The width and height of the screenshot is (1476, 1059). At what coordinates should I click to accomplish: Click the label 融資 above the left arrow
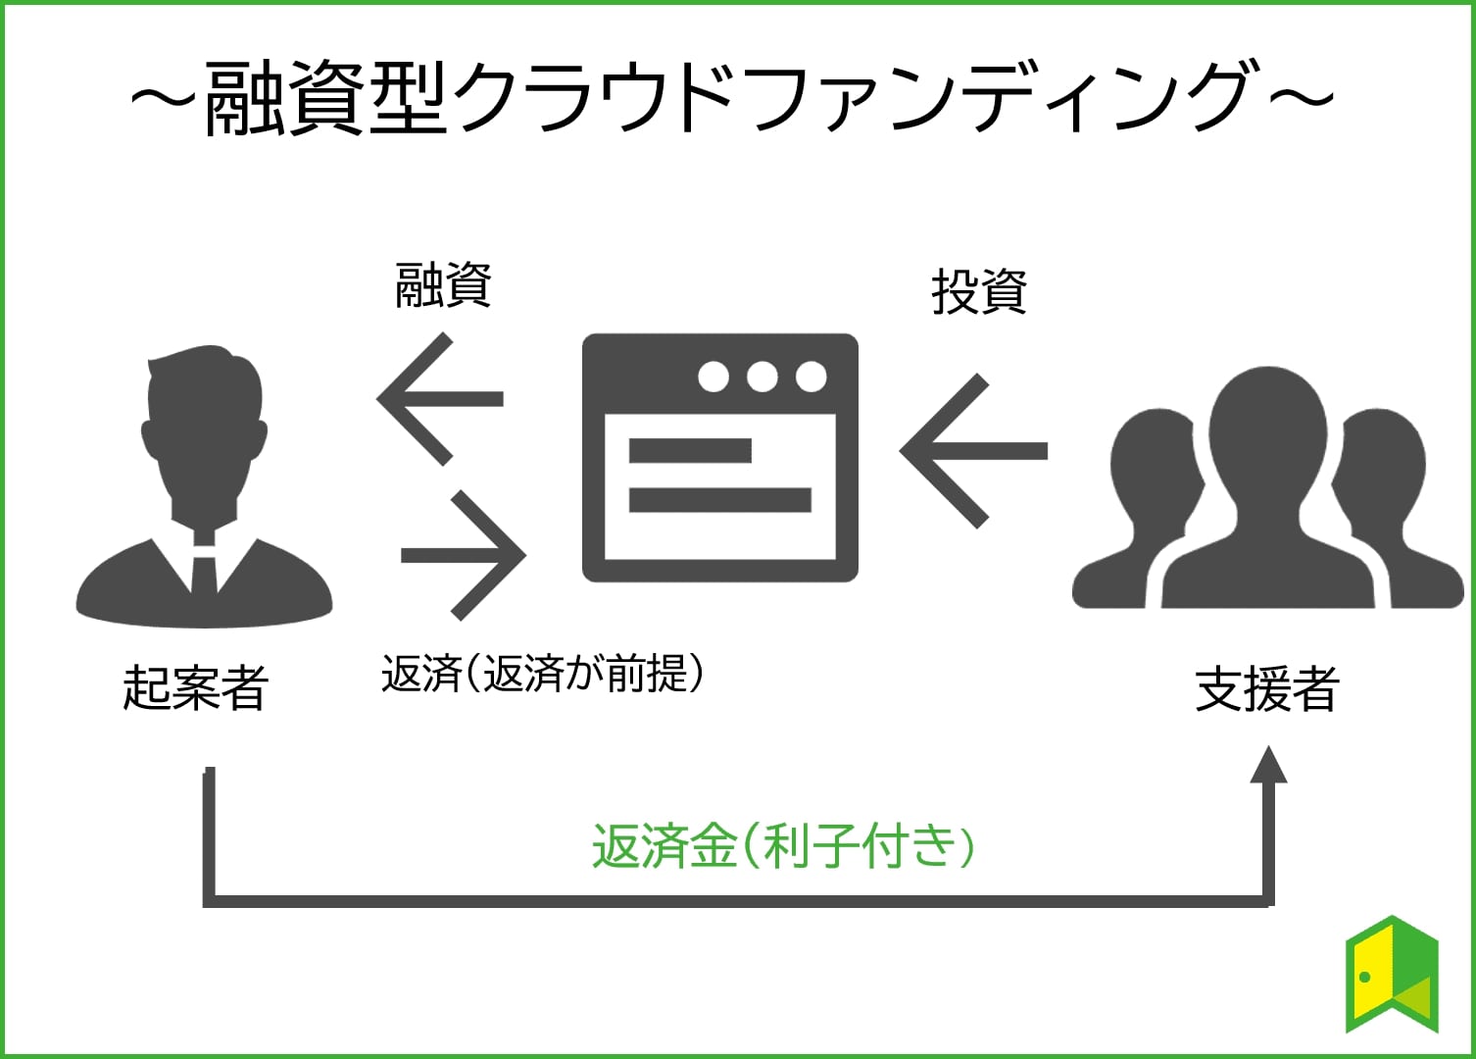pyautogui.click(x=443, y=286)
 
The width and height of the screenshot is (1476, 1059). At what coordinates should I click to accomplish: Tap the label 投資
pyautogui.click(x=979, y=292)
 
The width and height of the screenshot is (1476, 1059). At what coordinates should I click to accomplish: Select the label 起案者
pyautogui.click(x=195, y=687)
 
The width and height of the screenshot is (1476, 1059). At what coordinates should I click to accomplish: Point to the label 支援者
pyautogui.click(x=1266, y=689)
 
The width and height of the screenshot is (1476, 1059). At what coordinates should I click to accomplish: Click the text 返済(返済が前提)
pyautogui.click(x=542, y=674)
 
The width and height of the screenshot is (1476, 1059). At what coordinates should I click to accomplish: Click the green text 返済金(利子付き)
pyautogui.click(x=783, y=845)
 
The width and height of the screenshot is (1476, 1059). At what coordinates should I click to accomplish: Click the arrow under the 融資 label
pyautogui.click(x=440, y=399)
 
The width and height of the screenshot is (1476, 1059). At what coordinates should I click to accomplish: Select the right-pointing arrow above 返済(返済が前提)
pyautogui.click(x=464, y=555)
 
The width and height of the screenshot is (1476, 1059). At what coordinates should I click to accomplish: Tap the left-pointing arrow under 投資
pyautogui.click(x=973, y=451)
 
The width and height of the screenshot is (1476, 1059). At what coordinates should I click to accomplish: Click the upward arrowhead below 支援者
pyautogui.click(x=1269, y=765)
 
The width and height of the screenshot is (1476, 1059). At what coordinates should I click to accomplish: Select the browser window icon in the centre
pyautogui.click(x=719, y=458)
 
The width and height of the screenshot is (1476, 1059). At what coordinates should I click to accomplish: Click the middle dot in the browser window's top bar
pyautogui.click(x=762, y=377)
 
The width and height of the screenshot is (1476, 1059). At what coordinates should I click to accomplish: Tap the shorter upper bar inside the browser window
pyautogui.click(x=690, y=451)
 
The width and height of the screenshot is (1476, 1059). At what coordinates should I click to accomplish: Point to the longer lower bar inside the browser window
pyautogui.click(x=719, y=500)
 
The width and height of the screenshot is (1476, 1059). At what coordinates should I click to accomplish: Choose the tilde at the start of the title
pyautogui.click(x=163, y=98)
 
